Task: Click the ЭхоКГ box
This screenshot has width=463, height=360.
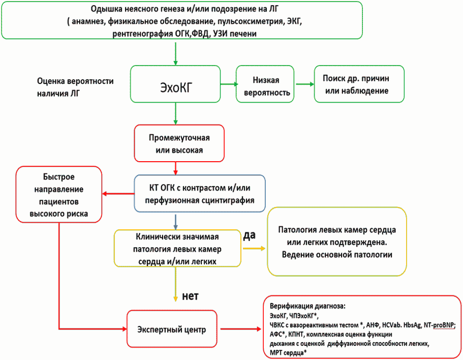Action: coord(175,84)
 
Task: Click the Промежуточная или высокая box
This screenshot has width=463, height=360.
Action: coord(175,144)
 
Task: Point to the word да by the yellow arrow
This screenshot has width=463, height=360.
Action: coord(250,236)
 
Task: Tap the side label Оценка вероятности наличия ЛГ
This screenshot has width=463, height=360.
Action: coord(75,87)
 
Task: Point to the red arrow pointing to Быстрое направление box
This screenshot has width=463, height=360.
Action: coord(118,193)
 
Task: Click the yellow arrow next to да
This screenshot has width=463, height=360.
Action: coord(254,248)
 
